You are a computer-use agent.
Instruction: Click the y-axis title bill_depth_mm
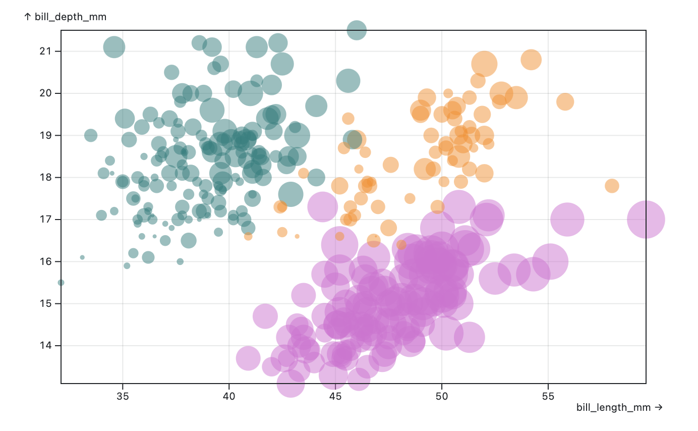(66, 17)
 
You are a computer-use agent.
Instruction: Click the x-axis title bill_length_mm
(619, 407)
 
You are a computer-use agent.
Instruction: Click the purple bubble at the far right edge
(646, 220)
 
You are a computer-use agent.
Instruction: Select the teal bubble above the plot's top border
(357, 30)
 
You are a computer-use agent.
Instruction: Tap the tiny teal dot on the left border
(61, 283)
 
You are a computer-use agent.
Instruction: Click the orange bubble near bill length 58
(612, 186)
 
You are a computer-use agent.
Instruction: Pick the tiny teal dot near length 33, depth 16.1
(82, 257)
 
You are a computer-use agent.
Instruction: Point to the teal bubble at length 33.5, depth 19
(91, 135)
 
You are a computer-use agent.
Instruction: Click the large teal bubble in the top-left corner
(114, 47)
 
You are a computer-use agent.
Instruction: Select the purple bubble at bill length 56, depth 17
(567, 220)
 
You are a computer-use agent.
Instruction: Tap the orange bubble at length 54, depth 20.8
(531, 60)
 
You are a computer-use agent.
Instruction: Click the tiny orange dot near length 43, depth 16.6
(297, 236)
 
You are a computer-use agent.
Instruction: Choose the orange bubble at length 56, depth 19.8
(565, 102)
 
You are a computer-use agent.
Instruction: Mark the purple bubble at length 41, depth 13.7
(248, 358)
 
